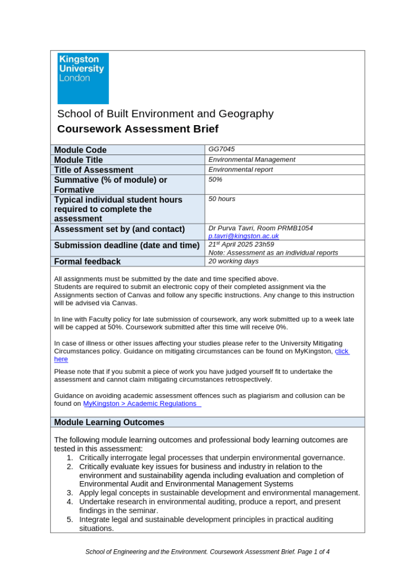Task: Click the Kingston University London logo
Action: (x=83, y=78)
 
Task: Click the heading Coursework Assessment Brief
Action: (x=138, y=129)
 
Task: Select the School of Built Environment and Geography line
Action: (x=165, y=114)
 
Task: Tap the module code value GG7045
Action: (x=221, y=149)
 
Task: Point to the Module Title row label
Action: (x=78, y=160)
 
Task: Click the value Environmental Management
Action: (x=252, y=159)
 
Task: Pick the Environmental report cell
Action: (x=240, y=169)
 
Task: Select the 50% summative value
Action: (x=215, y=179)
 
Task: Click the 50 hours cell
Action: (x=221, y=199)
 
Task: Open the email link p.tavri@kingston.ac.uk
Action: (x=243, y=236)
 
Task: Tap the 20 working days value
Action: (x=233, y=261)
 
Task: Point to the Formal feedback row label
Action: (x=87, y=261)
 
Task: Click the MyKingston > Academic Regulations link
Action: (x=142, y=404)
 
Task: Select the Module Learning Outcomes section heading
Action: (x=109, y=422)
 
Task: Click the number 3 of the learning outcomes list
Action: (x=70, y=493)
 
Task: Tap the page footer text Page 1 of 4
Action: (x=313, y=552)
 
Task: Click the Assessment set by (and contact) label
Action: (x=119, y=229)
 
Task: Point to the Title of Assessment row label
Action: (x=93, y=170)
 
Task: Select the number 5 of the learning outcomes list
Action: (x=70, y=519)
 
